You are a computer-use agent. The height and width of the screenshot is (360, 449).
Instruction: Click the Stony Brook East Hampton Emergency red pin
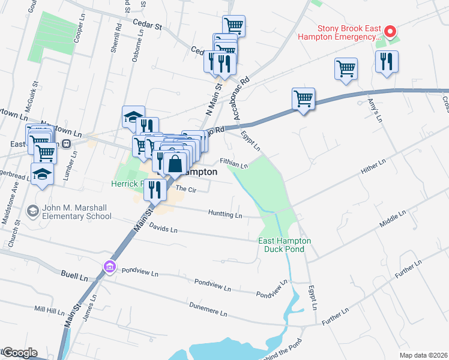coord(389,31)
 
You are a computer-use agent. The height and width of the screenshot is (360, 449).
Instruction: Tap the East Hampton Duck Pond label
coord(285,244)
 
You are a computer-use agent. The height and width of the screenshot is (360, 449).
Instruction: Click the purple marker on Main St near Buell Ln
coord(109,266)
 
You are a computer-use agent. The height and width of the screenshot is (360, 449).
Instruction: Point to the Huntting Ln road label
coord(225,214)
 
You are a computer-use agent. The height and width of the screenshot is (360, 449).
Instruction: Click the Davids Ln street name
coord(164,229)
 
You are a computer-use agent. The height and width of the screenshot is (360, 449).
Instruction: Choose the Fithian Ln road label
coord(234,164)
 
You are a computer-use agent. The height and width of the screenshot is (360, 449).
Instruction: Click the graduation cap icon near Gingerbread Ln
coord(41,173)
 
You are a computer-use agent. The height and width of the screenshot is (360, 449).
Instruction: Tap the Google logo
coord(19,353)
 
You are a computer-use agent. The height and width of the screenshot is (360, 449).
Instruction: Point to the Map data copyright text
coord(423,355)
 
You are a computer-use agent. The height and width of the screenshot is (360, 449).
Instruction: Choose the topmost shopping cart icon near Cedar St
coord(233,25)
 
